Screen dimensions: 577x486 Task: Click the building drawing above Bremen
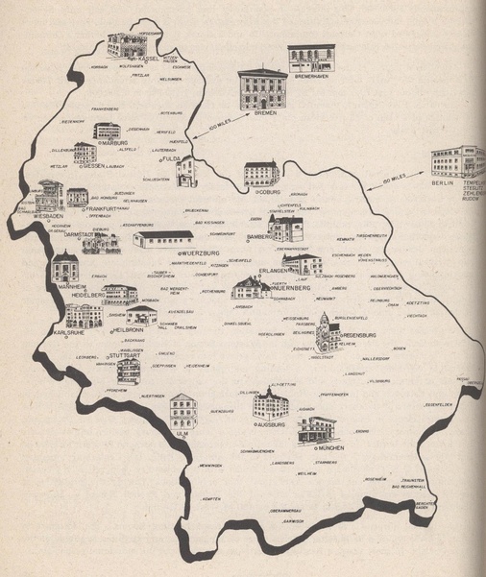click(x=262, y=88)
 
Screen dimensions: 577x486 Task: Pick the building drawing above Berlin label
click(x=458, y=159)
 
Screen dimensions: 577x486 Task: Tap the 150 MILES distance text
click(x=398, y=178)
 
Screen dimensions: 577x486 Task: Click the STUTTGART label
click(x=130, y=355)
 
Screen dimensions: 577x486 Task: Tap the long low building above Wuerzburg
click(x=163, y=238)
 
